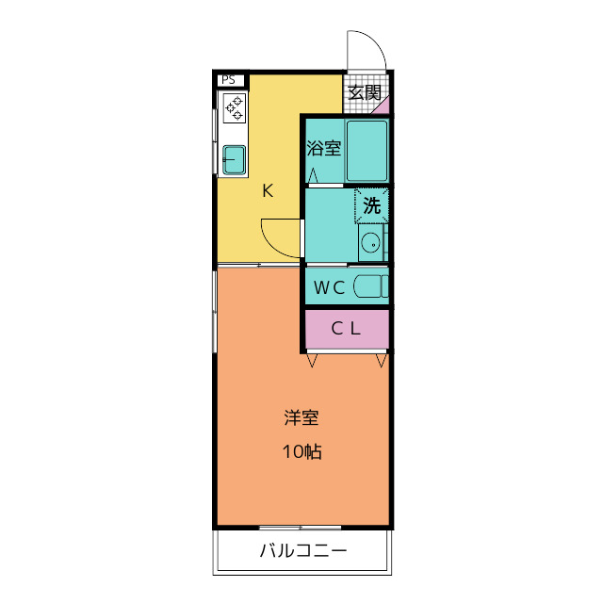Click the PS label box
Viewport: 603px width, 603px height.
[228, 80]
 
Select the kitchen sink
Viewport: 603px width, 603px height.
[234, 159]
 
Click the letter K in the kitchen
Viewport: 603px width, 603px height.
[268, 191]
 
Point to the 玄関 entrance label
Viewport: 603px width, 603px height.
[364, 92]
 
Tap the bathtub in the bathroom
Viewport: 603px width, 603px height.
[367, 151]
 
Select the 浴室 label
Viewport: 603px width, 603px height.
[324, 148]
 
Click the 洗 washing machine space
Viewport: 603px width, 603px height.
[372, 205]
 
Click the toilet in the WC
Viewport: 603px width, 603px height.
[370, 287]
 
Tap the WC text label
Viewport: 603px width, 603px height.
[329, 288]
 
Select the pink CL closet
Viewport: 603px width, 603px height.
[346, 328]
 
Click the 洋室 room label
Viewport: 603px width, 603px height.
[301, 416]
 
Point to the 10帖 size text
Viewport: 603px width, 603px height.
[301, 451]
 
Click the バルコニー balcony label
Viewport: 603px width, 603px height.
[302, 551]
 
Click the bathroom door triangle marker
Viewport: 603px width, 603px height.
[313, 175]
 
